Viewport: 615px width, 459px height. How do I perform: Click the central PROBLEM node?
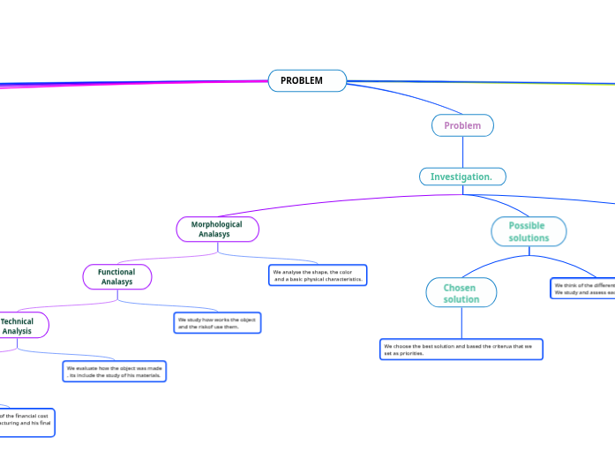[307, 80]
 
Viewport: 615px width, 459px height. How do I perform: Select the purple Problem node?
[462, 125]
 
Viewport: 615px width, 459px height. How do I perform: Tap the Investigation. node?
[462, 177]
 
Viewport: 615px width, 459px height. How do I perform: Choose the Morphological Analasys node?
[217, 229]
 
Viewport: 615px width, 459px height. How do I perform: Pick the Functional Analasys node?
[117, 277]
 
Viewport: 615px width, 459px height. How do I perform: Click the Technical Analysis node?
[19, 326]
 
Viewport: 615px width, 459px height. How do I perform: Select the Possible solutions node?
[529, 231]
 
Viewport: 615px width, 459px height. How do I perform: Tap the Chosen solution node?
[461, 293]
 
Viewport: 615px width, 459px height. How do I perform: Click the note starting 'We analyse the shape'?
[318, 275]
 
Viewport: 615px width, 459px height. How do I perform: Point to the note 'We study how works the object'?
[218, 322]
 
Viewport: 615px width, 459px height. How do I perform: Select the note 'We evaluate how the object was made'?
[115, 371]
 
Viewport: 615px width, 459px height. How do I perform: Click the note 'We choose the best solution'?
[461, 350]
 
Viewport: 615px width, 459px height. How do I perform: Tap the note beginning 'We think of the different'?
[582, 289]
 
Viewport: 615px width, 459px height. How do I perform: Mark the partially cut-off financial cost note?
[26, 418]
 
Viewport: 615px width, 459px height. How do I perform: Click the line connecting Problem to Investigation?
[462, 152]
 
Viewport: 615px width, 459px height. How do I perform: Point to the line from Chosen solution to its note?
[462, 322]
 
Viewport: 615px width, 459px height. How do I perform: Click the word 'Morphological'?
[216, 224]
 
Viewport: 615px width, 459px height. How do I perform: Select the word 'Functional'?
[116, 272]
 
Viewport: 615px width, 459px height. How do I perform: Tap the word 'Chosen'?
[460, 288]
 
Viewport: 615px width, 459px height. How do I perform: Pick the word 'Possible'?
[527, 225]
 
